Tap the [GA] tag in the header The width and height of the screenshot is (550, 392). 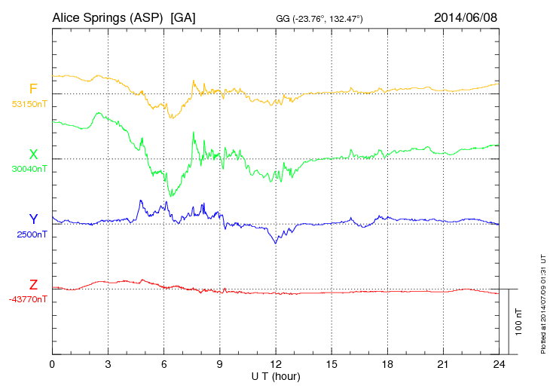183,17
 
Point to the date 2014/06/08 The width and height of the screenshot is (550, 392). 466,17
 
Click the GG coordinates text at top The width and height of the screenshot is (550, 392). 319,18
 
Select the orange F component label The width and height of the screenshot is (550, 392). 33,89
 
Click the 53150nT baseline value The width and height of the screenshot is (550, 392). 29,104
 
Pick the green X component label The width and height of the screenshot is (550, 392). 33,155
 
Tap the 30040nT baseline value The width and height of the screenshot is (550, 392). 29,169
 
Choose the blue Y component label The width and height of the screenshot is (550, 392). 33,219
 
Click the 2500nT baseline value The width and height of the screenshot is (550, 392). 32,234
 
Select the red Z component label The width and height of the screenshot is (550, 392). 33,285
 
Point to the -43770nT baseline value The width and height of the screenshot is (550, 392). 29,299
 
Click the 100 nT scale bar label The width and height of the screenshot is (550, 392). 519,322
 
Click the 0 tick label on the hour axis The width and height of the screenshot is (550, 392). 52,364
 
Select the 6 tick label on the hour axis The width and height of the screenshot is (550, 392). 163,364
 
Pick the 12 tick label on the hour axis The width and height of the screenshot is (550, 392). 276,364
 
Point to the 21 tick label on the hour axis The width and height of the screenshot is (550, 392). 443,364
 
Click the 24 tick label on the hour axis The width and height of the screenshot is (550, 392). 499,364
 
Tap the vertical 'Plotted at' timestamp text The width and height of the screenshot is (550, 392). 542,301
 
